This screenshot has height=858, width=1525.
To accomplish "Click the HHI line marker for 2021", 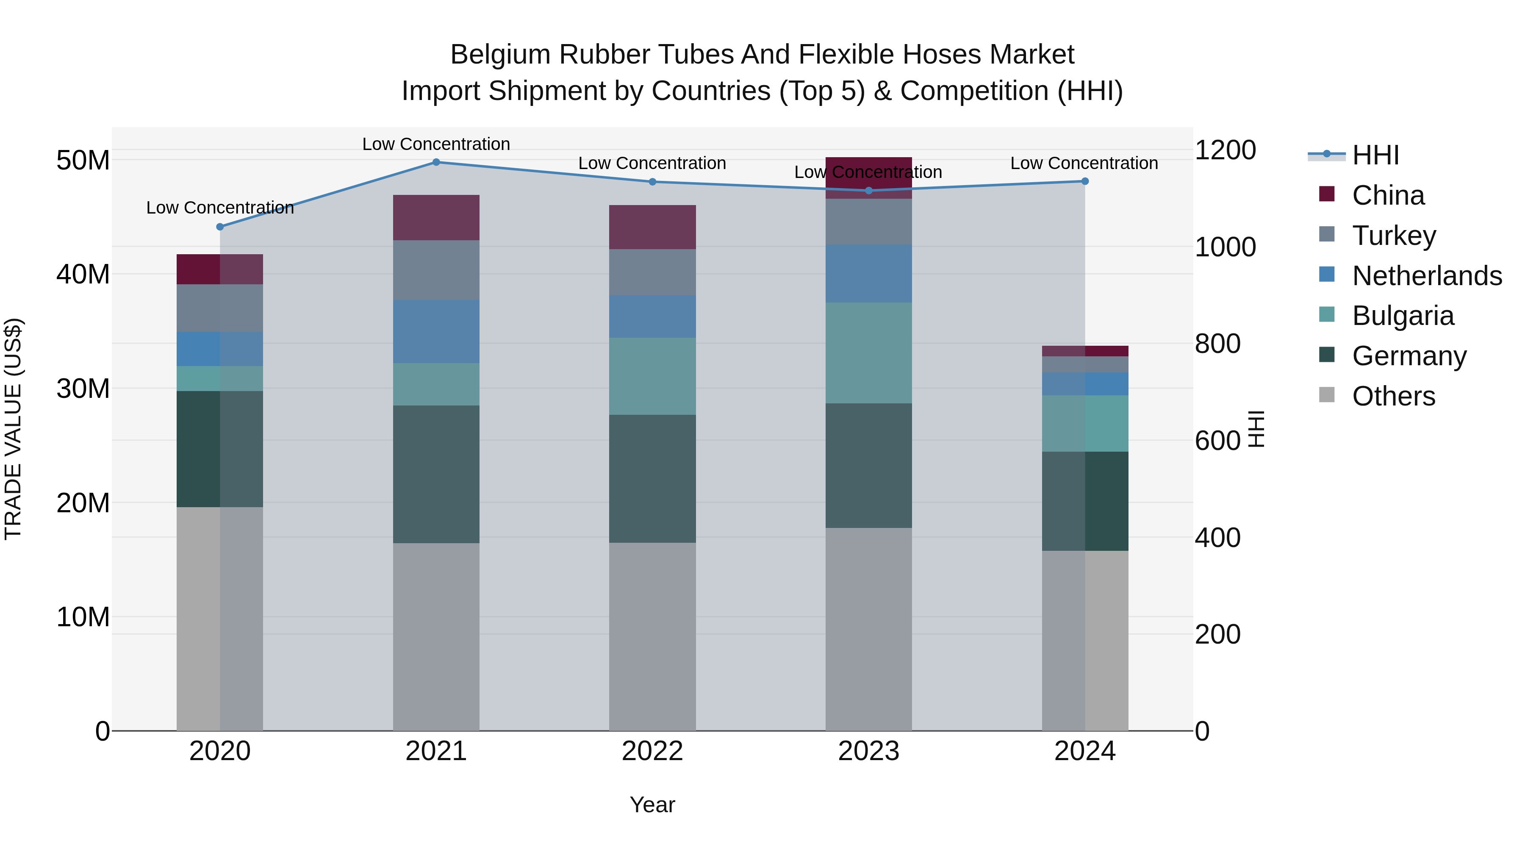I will pos(436,162).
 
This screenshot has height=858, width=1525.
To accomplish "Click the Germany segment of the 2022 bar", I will pos(652,478).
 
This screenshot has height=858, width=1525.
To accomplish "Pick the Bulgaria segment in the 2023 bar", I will pos(868,353).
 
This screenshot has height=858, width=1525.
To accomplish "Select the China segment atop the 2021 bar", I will pos(436,217).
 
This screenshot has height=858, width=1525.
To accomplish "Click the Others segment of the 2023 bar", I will pos(868,629).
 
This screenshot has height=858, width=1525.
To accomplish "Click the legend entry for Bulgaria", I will pos(1403,316).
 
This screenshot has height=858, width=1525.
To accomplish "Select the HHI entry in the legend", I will pos(1375,155).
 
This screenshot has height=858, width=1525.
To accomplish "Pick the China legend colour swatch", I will pos(1327,194).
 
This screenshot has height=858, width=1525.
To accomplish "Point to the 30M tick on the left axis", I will pos(83,389).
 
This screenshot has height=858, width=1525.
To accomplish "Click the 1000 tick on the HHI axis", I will pos(1225,247).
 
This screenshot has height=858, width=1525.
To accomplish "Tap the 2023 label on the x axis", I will pos(868,751).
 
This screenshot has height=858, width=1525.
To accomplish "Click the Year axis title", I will pos(652,805).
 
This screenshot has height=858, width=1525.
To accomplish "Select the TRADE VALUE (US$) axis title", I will pos(13,429).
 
